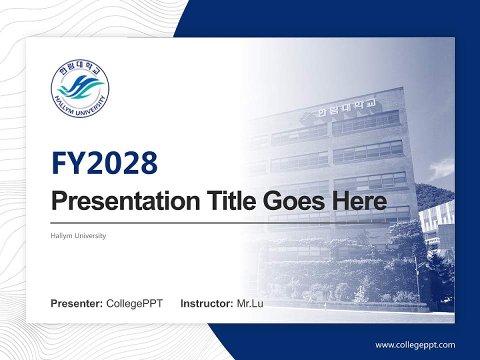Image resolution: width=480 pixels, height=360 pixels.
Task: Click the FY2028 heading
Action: click(x=104, y=163)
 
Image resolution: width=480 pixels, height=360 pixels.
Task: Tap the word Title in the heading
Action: click(x=230, y=201)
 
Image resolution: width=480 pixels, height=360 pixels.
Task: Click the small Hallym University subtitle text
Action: click(x=78, y=235)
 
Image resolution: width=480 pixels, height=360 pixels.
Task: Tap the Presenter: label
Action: click(x=77, y=303)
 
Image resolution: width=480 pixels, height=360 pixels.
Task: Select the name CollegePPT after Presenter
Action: click(x=134, y=303)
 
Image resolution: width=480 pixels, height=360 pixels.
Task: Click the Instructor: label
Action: click(x=206, y=303)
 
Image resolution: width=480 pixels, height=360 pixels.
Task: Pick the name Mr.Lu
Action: click(x=250, y=303)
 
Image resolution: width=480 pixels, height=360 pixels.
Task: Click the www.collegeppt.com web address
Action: click(x=415, y=344)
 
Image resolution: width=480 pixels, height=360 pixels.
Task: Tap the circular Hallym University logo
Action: click(x=80, y=90)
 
